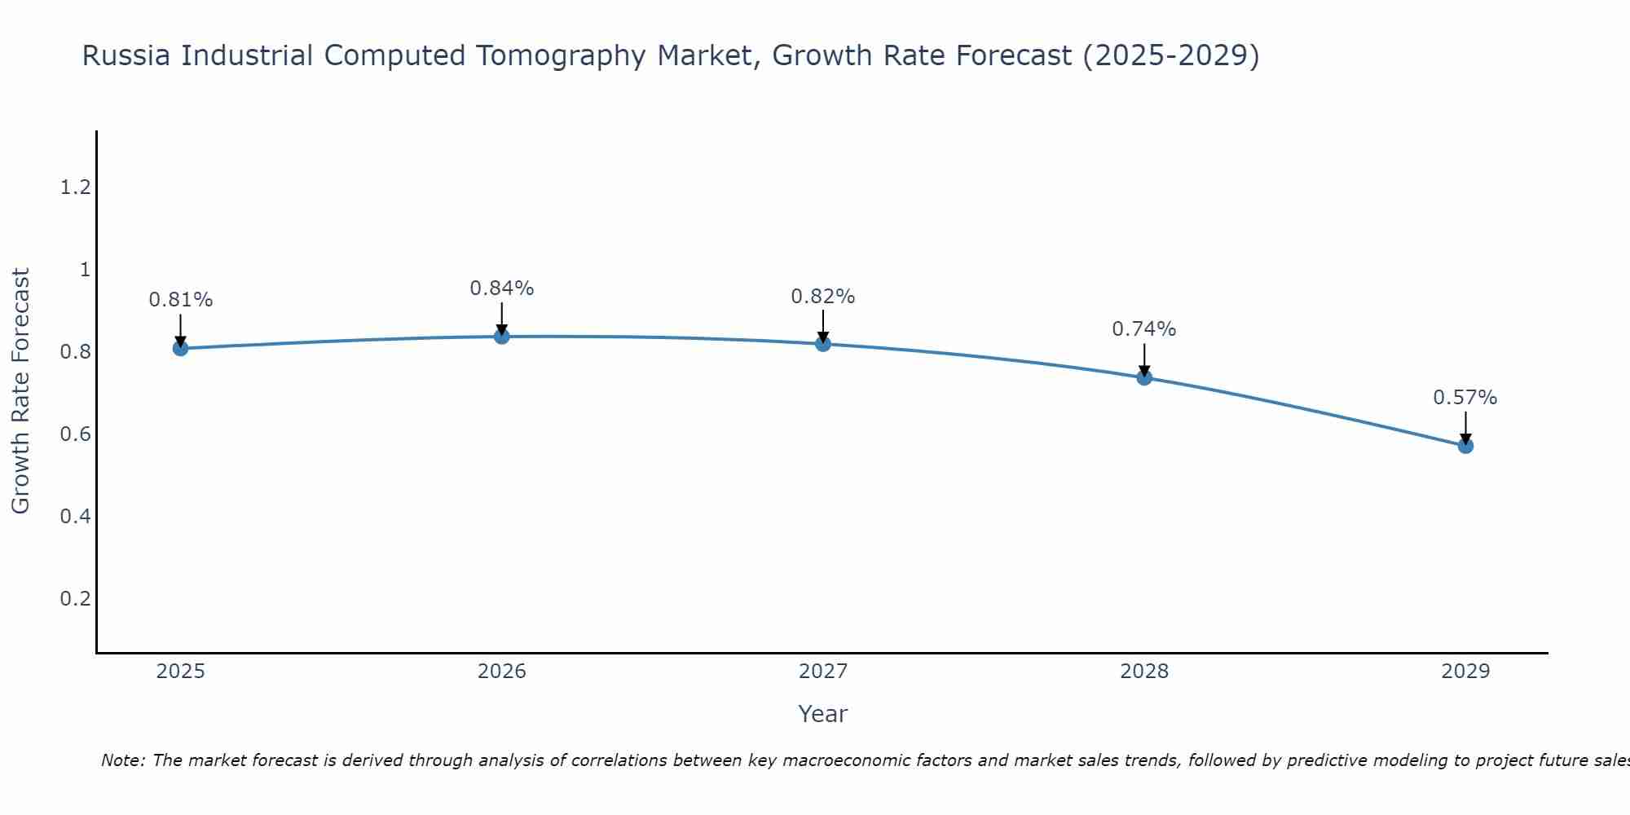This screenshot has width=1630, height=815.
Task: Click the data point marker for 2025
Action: coord(181,349)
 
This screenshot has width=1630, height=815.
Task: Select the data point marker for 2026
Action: coord(502,336)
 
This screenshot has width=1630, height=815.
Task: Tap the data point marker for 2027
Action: coord(823,344)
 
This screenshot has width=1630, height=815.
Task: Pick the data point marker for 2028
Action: coord(1144,377)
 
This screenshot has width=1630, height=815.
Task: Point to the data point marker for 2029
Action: coord(1465,446)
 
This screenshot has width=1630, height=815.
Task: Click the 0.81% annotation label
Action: coord(181,300)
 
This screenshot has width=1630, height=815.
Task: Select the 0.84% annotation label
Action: coord(502,289)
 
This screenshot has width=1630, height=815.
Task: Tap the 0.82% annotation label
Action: coord(823,297)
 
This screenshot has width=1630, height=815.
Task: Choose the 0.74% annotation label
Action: coord(1144,329)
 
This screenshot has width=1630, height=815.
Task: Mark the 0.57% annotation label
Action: coord(1465,398)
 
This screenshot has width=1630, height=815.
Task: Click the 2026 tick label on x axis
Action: coord(502,672)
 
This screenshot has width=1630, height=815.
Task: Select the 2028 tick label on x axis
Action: coord(1144,672)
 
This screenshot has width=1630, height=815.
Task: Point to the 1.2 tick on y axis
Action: coord(75,188)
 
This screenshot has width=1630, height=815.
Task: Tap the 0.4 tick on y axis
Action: coord(75,517)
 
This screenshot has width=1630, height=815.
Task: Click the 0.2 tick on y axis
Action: coord(75,599)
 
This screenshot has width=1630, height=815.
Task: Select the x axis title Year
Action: coord(823,714)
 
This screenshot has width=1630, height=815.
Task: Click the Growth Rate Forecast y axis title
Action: coord(20,391)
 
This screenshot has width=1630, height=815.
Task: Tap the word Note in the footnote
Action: coord(122,760)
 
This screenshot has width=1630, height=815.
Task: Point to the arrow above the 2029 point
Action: coord(1465,427)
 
